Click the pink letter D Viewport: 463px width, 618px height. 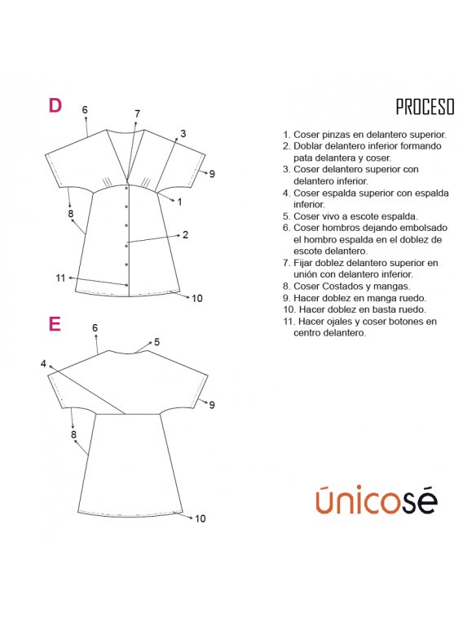(55, 105)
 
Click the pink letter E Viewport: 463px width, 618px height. (55, 324)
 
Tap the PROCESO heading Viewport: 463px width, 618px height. (425, 107)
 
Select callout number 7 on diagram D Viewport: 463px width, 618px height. (137, 114)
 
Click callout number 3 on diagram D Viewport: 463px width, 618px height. (183, 134)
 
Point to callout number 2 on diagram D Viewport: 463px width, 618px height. (185, 235)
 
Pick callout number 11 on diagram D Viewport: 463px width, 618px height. (60, 278)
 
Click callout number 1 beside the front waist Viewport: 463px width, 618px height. (180, 202)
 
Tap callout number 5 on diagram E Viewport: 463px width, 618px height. (157, 342)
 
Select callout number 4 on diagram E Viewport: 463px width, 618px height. (43, 364)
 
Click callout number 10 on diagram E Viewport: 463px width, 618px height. (201, 518)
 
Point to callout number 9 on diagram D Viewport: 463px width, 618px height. (212, 174)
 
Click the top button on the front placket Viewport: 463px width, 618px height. (126, 189)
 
